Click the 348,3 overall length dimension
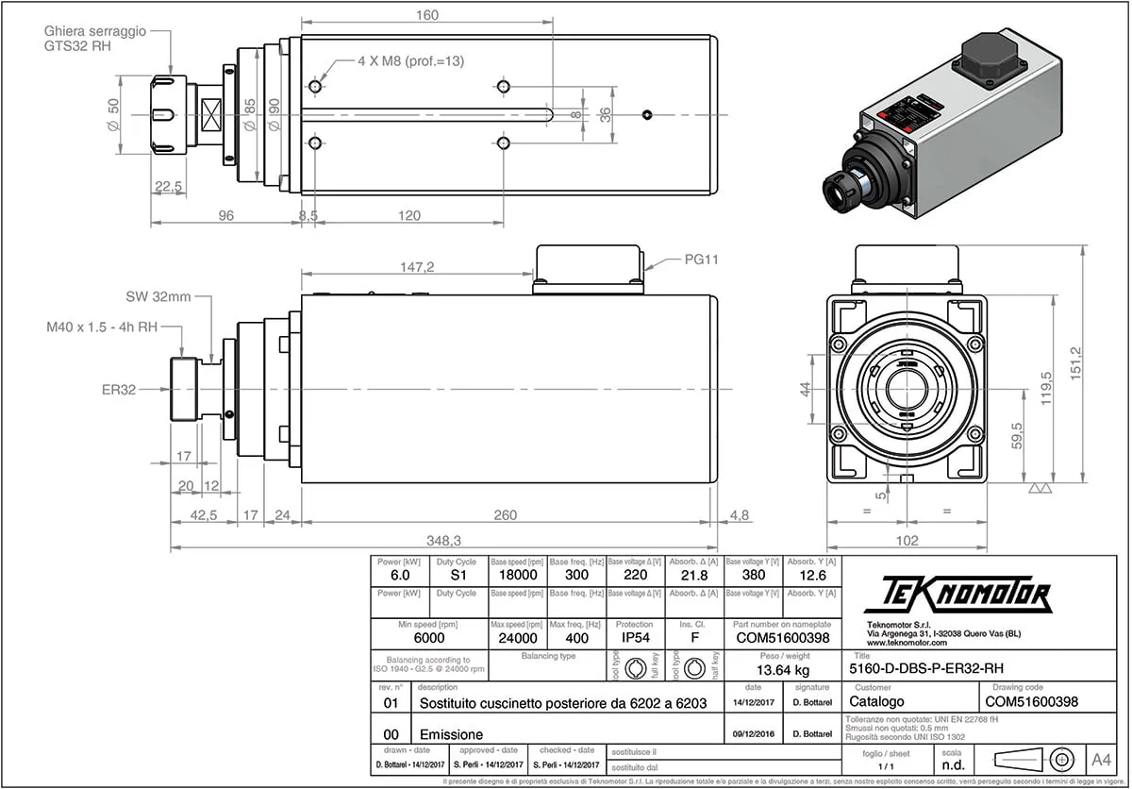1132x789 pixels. [443, 540]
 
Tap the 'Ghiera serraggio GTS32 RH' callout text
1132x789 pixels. [94, 38]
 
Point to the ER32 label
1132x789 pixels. [123, 388]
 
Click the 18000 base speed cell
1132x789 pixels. [517, 575]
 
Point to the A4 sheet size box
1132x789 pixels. [1101, 759]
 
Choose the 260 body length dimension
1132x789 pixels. [506, 515]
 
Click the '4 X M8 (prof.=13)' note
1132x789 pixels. [411, 60]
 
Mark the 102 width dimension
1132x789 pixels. [906, 541]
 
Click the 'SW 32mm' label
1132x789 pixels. [158, 296]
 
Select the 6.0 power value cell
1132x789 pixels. [399, 575]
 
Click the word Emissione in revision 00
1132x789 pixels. [451, 733]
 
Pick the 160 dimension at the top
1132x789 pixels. [426, 15]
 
